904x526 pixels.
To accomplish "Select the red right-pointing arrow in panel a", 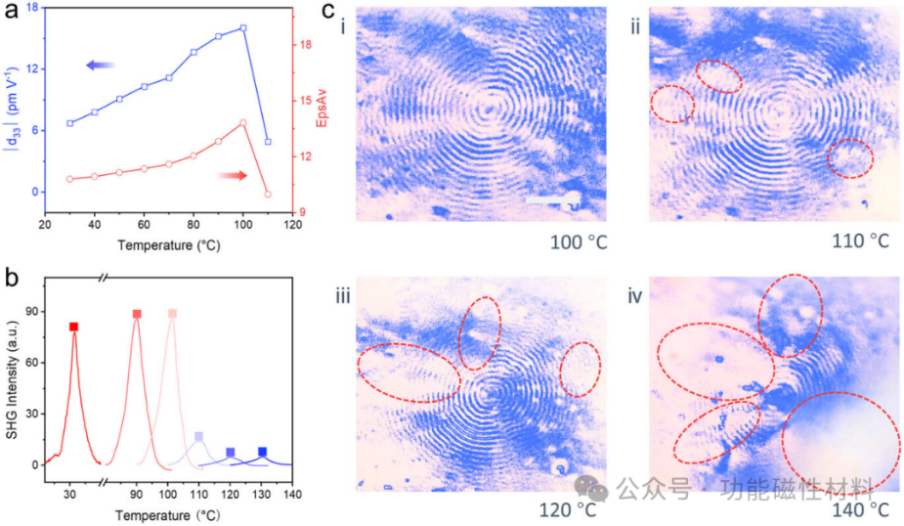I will click(233, 175).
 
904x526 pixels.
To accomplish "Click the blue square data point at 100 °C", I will click(242, 27).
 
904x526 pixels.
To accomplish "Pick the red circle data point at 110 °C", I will click(267, 194).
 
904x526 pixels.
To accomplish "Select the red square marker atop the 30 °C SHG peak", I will click(73, 327).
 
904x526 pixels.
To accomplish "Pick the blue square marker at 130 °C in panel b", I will click(262, 452).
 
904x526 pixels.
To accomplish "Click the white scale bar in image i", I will click(553, 200).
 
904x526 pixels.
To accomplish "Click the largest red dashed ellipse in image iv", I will click(841, 442).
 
